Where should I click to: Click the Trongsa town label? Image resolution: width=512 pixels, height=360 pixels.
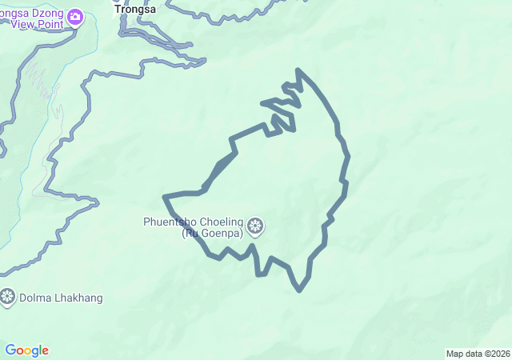click(x=134, y=10)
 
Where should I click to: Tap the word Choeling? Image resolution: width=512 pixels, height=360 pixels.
click(x=218, y=222)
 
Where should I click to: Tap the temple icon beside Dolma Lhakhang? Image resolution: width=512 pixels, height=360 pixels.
click(x=7, y=298)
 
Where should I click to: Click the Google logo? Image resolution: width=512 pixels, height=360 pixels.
click(x=26, y=350)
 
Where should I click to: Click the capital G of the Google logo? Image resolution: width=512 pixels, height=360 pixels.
click(x=10, y=350)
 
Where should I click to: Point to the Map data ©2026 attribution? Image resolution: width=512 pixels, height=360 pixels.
click(x=477, y=354)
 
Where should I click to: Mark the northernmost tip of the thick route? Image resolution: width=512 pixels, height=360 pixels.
click(x=298, y=70)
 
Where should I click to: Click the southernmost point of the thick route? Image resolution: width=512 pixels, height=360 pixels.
click(x=299, y=290)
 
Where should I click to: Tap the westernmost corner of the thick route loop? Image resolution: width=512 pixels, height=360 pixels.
click(x=165, y=196)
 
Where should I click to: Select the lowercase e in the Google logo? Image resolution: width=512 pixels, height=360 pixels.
click(x=45, y=351)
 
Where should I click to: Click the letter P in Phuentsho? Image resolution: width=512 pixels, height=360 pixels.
click(x=146, y=222)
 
